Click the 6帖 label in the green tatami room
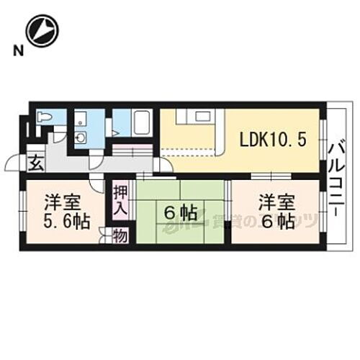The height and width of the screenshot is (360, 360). coord(180,212)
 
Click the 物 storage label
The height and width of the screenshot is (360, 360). coord(120,235)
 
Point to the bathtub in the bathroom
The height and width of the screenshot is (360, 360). coord(141,123)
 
